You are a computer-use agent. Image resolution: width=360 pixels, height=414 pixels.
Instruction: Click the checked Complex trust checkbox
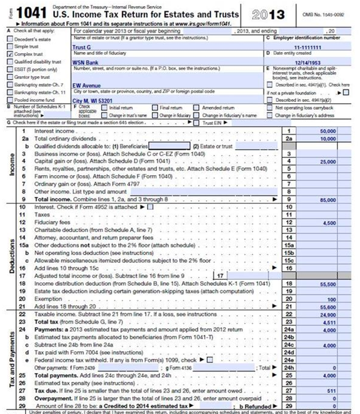[x=10, y=55]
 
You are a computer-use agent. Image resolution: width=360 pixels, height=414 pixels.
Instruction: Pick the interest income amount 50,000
[x=328, y=131]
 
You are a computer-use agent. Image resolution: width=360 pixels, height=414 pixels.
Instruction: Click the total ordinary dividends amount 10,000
[x=328, y=138]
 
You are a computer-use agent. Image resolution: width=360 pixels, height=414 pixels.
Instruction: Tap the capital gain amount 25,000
[x=328, y=161]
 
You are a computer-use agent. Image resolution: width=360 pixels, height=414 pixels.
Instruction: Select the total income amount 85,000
[x=328, y=199]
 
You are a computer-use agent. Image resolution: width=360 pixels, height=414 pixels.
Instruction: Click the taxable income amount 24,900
[x=328, y=314]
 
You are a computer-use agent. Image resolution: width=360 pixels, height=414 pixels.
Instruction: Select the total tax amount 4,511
[x=329, y=322]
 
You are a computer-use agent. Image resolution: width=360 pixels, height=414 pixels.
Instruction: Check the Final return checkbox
[x=155, y=108]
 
